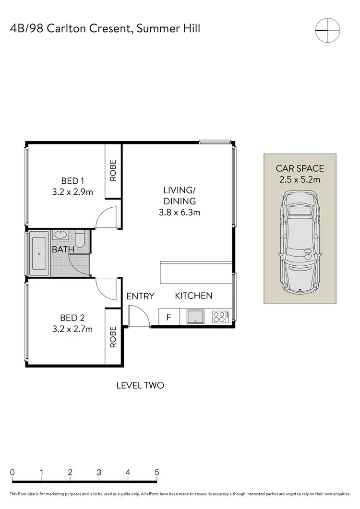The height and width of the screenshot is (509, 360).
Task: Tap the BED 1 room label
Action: point(73,181)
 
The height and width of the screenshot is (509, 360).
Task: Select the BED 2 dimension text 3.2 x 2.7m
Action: point(73,329)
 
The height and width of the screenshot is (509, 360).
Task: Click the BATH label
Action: point(63,249)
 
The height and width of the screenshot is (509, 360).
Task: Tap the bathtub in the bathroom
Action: point(39,254)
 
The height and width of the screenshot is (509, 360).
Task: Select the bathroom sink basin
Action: point(60,235)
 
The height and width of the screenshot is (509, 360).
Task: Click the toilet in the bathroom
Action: point(80,238)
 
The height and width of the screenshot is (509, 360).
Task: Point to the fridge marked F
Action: point(168,317)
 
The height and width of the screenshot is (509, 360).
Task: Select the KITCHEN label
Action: point(193,296)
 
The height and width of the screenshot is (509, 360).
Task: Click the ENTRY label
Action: point(140,296)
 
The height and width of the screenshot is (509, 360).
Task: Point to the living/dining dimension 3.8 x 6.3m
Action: point(180,211)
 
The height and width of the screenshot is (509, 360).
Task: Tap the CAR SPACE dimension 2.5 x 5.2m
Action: point(300,180)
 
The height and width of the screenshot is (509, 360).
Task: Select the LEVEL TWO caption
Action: point(141,385)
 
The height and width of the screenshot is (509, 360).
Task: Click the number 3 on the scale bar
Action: point(99,472)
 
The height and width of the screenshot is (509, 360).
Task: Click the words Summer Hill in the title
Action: point(168,28)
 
